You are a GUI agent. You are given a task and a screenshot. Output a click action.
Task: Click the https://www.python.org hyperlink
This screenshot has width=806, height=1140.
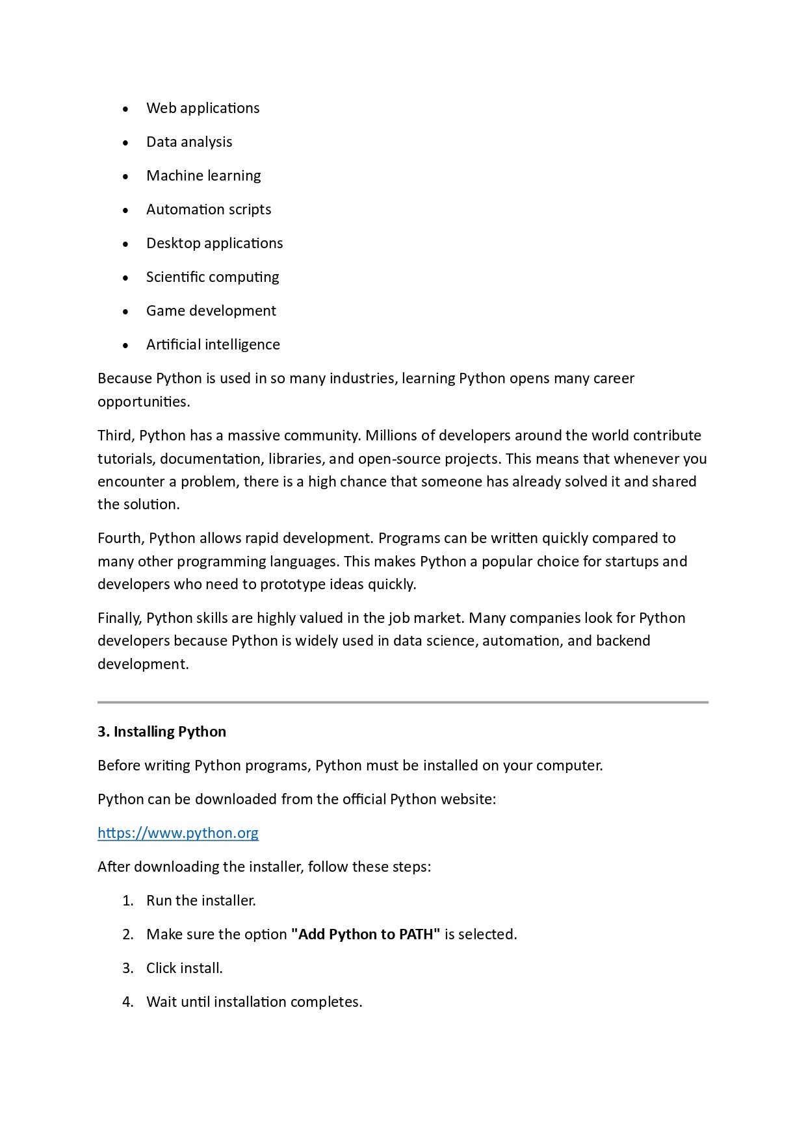point(177,833)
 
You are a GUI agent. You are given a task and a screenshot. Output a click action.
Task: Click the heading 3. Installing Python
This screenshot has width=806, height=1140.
point(162,731)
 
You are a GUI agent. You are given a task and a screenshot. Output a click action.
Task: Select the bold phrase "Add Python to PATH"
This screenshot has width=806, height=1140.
point(365,934)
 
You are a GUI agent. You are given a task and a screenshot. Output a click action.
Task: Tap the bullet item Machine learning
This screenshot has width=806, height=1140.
point(203,175)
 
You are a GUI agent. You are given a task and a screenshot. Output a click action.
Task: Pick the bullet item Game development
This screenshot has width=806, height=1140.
point(211,310)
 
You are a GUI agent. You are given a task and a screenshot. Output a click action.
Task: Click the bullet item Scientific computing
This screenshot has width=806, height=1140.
point(212,277)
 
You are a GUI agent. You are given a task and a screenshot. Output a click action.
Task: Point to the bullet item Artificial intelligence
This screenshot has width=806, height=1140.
point(213,344)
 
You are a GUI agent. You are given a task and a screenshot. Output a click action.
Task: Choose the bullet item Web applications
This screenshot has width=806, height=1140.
point(203,108)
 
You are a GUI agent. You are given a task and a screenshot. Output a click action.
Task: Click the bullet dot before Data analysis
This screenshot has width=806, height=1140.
point(125,142)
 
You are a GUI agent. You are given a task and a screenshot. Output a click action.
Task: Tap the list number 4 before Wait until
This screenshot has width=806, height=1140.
point(127,1002)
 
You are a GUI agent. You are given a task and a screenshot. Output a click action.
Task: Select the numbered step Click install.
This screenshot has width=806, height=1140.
point(184,968)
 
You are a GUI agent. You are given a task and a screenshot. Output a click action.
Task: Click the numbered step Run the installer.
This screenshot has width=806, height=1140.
point(201,900)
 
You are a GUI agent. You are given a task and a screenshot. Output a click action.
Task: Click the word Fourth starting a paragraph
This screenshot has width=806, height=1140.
point(120,538)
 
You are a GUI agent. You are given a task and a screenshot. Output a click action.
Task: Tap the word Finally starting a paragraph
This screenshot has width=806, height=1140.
point(119,618)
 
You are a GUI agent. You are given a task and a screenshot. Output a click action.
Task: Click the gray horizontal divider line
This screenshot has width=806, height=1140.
point(402,702)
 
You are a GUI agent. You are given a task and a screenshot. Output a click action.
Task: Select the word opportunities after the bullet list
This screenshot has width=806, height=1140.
point(143,401)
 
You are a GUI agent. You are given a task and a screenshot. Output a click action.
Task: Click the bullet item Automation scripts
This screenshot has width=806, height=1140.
point(209,209)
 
